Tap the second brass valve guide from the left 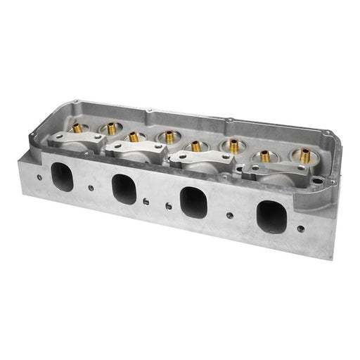(x=109, y=127)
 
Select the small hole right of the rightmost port (x=301, y=229)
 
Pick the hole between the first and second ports (x=91, y=187)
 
